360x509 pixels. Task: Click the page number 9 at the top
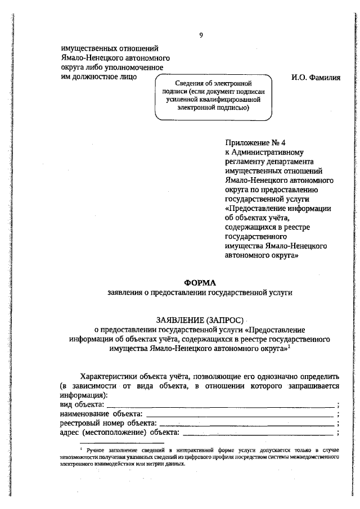[201, 35]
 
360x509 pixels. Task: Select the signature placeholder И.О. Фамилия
[316, 77]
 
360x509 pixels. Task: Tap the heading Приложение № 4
[251, 143]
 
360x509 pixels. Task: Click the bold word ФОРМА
[200, 282]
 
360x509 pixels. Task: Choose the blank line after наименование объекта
[239, 414]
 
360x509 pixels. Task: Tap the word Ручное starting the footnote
[97, 451]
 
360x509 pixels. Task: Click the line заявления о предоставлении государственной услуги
[200, 292]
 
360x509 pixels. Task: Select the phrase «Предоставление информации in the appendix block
[277, 208]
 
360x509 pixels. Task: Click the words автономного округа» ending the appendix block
[261, 255]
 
